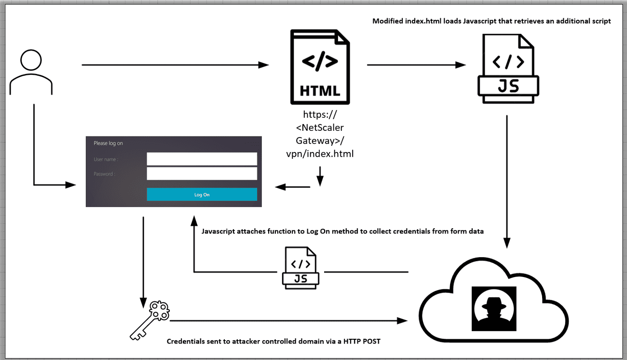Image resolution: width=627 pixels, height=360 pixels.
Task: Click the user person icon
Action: coord(30,72)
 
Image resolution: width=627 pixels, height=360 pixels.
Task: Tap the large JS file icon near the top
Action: coord(508,68)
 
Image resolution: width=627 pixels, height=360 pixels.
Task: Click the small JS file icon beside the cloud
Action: coord(300,268)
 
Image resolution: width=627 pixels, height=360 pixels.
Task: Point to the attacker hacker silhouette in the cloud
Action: coord(494,308)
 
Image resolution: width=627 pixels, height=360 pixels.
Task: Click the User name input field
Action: coord(202,159)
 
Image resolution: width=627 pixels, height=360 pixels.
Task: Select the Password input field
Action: coord(202,174)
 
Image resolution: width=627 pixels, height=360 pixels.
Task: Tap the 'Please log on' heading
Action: coord(108,143)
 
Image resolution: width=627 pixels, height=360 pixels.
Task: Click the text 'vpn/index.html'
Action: coord(320,154)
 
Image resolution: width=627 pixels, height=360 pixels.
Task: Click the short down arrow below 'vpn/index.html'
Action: coord(320,176)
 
